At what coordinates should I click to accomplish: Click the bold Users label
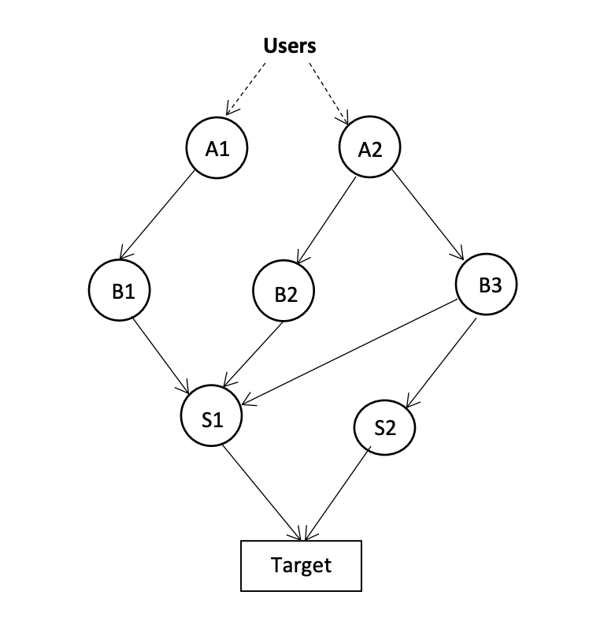coord(289,46)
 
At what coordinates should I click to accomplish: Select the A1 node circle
coord(217,148)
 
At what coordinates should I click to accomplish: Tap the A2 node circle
coord(369,148)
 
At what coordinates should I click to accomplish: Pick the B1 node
coord(119,290)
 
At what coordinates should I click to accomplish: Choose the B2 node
coord(283,293)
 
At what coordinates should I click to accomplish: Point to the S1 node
coord(211,419)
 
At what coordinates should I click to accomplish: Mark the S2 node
coord(384,429)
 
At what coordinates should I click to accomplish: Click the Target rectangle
coord(301,565)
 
